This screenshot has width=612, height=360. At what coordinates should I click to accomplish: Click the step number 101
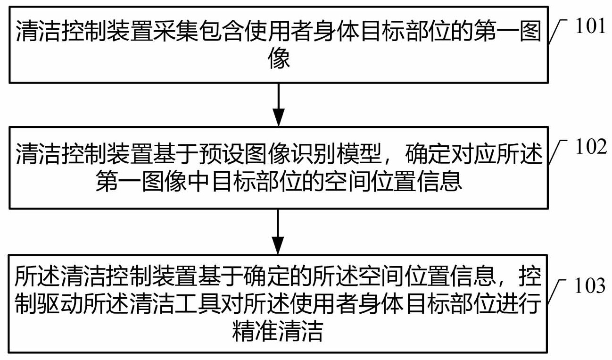coord(591,26)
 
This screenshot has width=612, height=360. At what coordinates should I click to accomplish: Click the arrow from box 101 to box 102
coord(278,104)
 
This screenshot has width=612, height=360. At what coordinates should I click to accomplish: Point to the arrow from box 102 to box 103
coord(278,232)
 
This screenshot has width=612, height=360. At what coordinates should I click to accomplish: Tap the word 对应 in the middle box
coord(449,154)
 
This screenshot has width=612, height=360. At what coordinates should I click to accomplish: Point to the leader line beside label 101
coord(557,32)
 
